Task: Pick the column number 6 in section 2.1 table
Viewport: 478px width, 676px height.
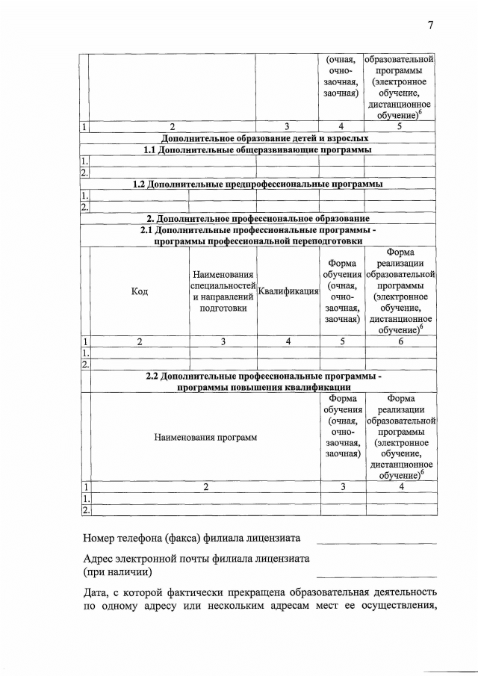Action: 400,341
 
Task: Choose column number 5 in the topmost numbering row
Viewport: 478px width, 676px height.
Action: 400,126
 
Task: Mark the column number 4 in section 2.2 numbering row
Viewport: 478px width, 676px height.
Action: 400,486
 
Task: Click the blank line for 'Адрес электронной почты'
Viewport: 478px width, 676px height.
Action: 376,576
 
